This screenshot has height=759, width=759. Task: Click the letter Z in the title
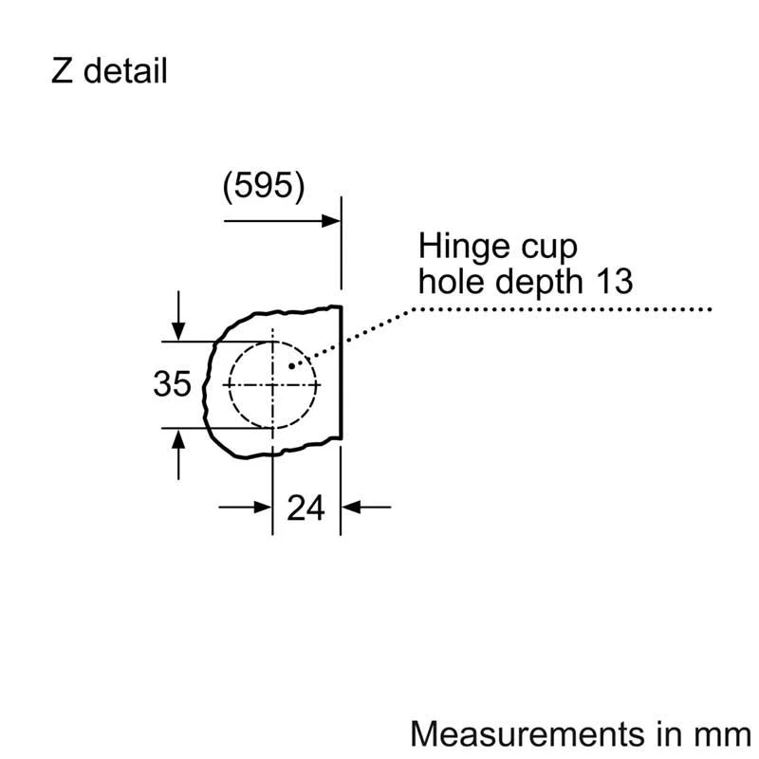[62, 71]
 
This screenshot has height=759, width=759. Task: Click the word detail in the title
[125, 70]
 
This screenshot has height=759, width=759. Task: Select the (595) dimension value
[264, 186]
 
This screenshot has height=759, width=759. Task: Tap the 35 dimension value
[172, 383]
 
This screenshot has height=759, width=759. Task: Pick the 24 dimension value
[305, 509]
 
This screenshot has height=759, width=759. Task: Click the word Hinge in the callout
[463, 248]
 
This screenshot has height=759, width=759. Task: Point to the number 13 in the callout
[615, 281]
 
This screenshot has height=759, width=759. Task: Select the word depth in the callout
[538, 283]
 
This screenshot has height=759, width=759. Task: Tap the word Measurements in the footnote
[528, 733]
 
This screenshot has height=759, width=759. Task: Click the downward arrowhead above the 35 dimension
[178, 331]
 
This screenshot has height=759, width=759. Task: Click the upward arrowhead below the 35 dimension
[178, 438]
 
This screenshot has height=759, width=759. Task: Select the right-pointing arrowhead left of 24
[263, 508]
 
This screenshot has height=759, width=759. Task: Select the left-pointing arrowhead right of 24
[351, 508]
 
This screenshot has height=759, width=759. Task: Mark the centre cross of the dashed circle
[272, 385]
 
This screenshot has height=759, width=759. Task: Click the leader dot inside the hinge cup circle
[291, 366]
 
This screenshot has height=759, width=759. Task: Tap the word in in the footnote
[670, 733]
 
